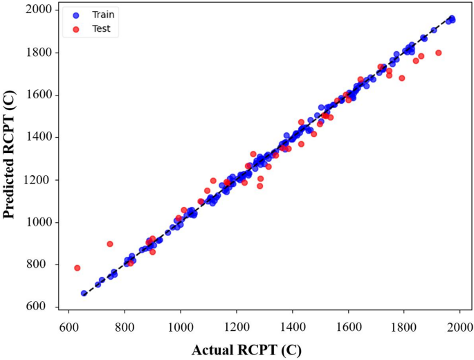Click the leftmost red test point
pyautogui.click(x=78, y=268)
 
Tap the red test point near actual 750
pyautogui.click(x=110, y=244)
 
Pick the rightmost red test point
pyautogui.click(x=438, y=53)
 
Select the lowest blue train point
pyautogui.click(x=84, y=293)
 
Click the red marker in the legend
pyautogui.click(x=76, y=29)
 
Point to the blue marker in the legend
pyautogui.click(x=76, y=14)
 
